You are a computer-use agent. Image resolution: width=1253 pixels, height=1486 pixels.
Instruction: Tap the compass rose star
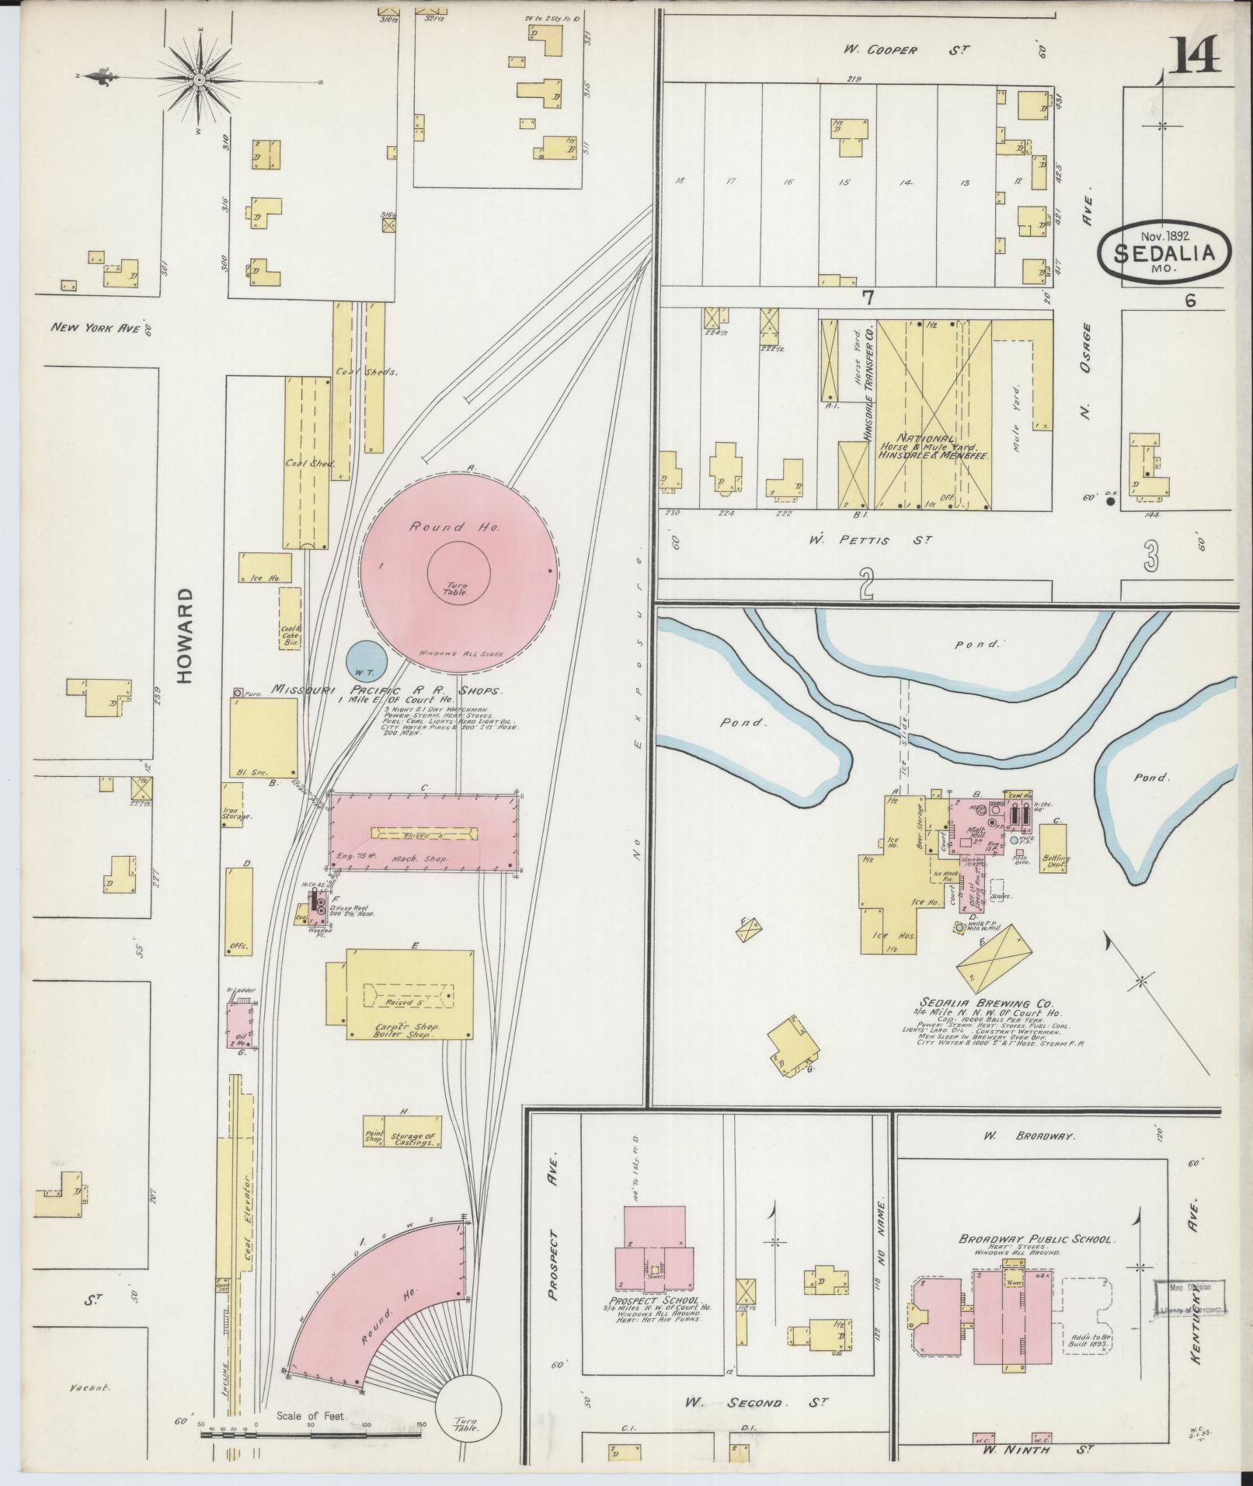[200, 80]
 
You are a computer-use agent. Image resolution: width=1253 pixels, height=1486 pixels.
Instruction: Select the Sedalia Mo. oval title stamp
[1165, 251]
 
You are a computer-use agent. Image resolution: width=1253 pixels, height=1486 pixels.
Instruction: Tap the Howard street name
[184, 635]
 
